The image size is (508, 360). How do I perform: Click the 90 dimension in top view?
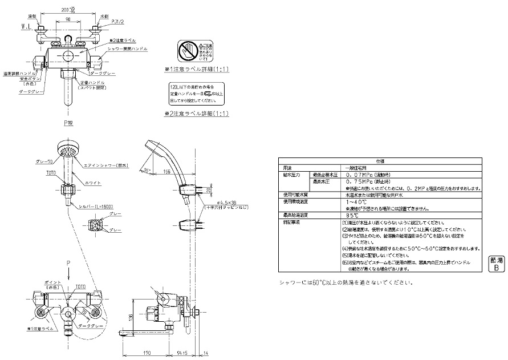(68, 19)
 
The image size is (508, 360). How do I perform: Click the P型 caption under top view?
(68, 122)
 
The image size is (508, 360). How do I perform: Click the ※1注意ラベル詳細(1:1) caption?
(197, 70)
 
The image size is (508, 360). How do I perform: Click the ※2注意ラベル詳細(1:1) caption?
(197, 114)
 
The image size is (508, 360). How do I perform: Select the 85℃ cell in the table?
(352, 216)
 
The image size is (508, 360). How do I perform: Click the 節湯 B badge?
(495, 263)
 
